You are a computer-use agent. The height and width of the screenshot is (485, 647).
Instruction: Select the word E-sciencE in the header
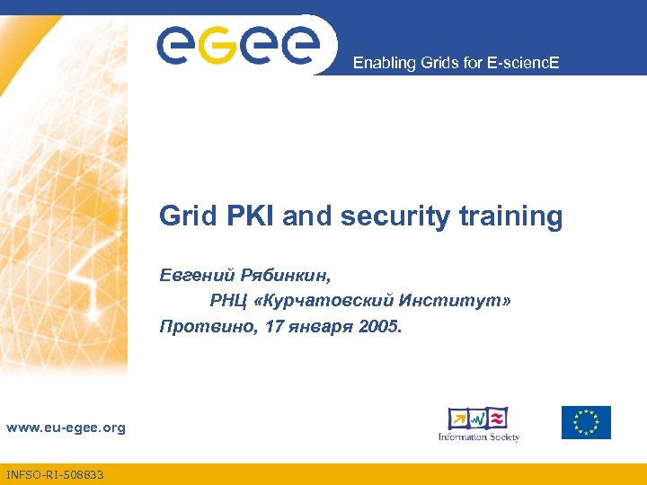[526, 63]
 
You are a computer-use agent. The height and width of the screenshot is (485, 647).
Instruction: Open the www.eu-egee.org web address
[66, 428]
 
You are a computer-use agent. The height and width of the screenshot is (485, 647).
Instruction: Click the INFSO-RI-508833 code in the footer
[54, 474]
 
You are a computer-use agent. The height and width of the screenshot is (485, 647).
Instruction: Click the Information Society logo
[479, 424]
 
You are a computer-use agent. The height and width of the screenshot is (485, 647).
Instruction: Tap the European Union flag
[586, 422]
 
